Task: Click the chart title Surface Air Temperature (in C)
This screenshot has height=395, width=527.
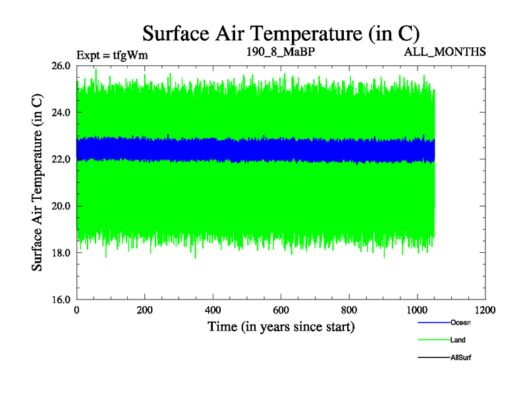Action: [x=281, y=33]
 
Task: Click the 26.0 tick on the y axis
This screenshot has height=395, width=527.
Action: [x=60, y=66]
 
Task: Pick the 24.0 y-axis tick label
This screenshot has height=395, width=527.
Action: [x=60, y=113]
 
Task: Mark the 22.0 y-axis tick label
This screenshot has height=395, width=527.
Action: [x=60, y=159]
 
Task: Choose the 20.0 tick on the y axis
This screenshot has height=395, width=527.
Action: [x=60, y=206]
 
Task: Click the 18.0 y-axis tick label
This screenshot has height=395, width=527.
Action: [x=60, y=253]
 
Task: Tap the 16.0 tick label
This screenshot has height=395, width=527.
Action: [x=60, y=300]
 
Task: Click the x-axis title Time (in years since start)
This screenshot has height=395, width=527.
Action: [x=281, y=327]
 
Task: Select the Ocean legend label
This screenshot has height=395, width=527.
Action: [x=460, y=323]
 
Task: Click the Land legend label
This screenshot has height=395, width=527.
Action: [x=458, y=340]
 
